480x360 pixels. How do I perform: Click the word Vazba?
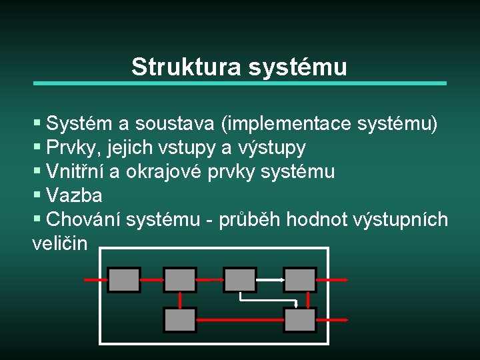[75, 195]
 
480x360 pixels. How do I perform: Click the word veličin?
[59, 243]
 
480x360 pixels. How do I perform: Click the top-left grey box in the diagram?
[124, 280]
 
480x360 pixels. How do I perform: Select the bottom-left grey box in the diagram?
[180, 320]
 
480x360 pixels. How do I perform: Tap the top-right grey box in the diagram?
[300, 280]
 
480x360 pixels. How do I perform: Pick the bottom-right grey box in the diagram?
[300, 320]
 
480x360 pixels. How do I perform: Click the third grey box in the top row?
[240, 280]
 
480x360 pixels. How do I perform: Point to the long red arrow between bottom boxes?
[240, 321]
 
